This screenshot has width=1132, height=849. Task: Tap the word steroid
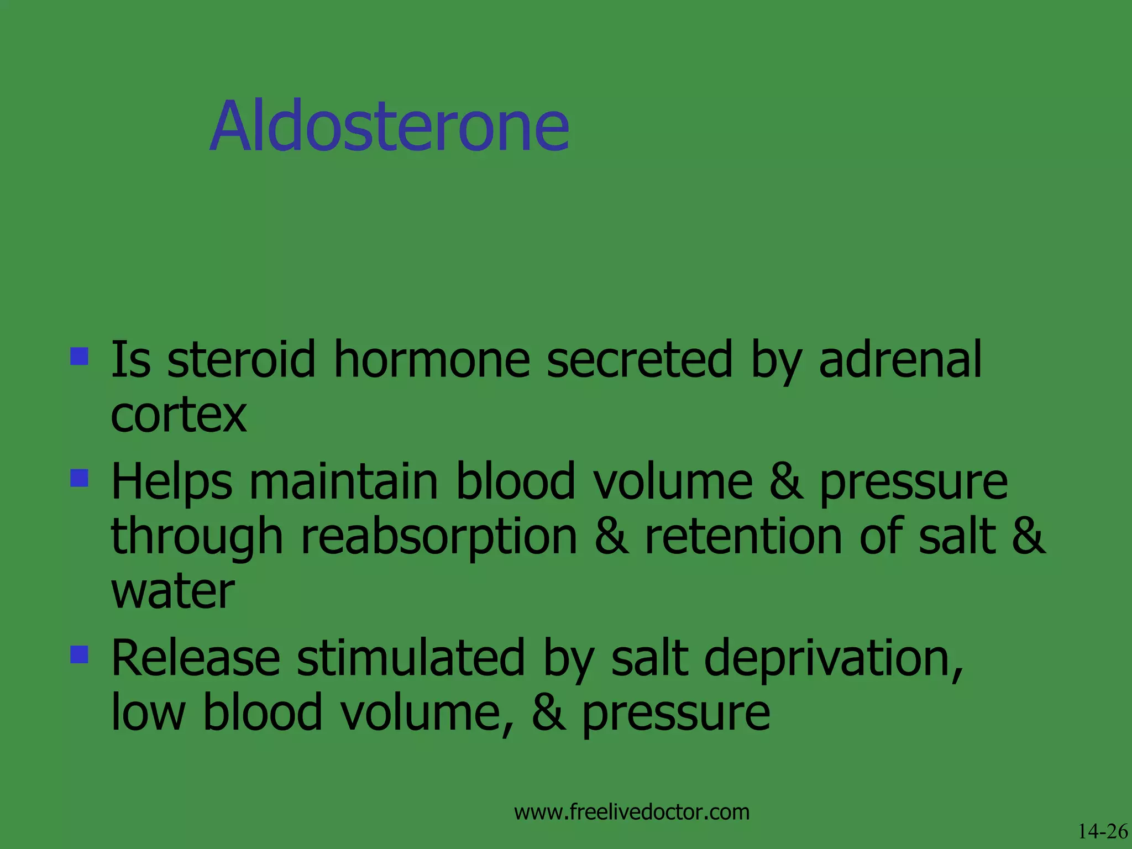click(241, 360)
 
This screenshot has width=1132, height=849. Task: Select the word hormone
click(432, 360)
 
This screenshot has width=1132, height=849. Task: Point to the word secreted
click(640, 360)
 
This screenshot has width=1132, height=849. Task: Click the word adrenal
click(900, 360)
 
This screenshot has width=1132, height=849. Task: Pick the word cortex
click(179, 415)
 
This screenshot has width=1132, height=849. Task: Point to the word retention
click(743, 536)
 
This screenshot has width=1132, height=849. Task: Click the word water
click(173, 591)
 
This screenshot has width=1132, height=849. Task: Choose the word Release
click(196, 658)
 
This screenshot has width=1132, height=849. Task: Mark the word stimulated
click(411, 658)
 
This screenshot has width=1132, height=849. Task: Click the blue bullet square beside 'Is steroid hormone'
click(80, 356)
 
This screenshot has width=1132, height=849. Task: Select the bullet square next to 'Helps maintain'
click(80, 478)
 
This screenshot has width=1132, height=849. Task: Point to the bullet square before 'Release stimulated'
click(80, 654)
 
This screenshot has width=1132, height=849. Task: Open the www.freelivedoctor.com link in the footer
click(631, 812)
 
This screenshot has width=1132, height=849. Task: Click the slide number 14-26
click(1102, 831)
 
